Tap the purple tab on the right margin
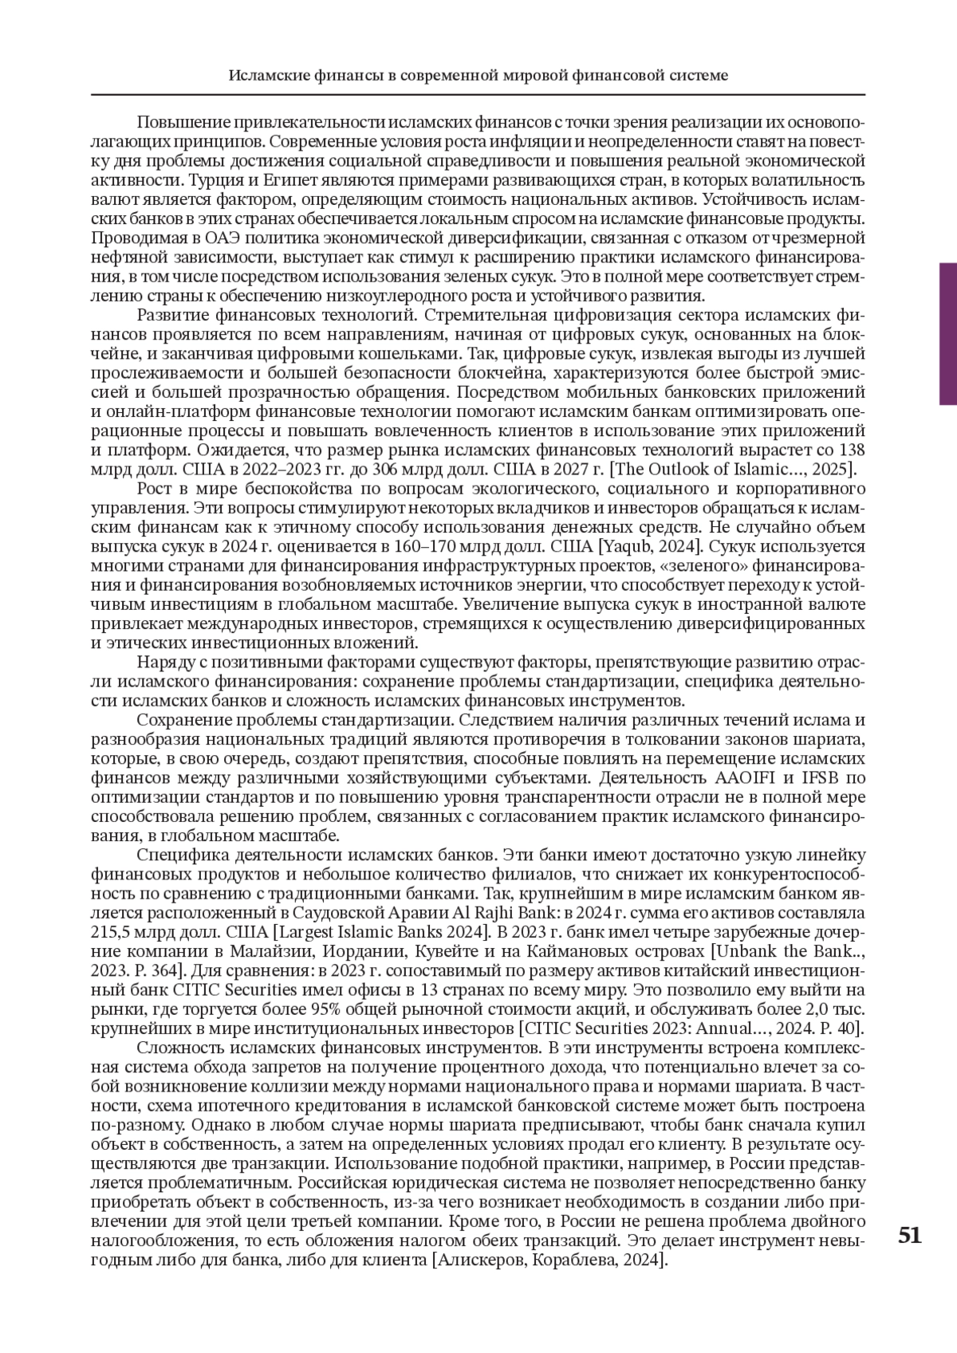(x=947, y=333)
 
